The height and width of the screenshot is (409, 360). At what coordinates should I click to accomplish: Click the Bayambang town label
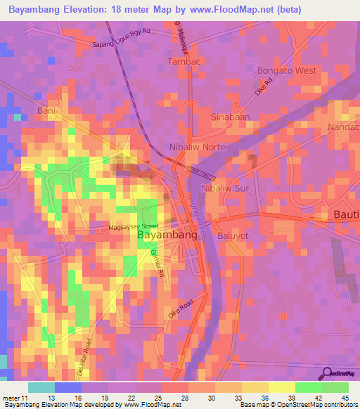tap(167, 235)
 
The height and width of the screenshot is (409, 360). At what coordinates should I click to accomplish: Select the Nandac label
tap(343, 127)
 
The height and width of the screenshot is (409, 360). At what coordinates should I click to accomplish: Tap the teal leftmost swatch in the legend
tap(41, 387)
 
